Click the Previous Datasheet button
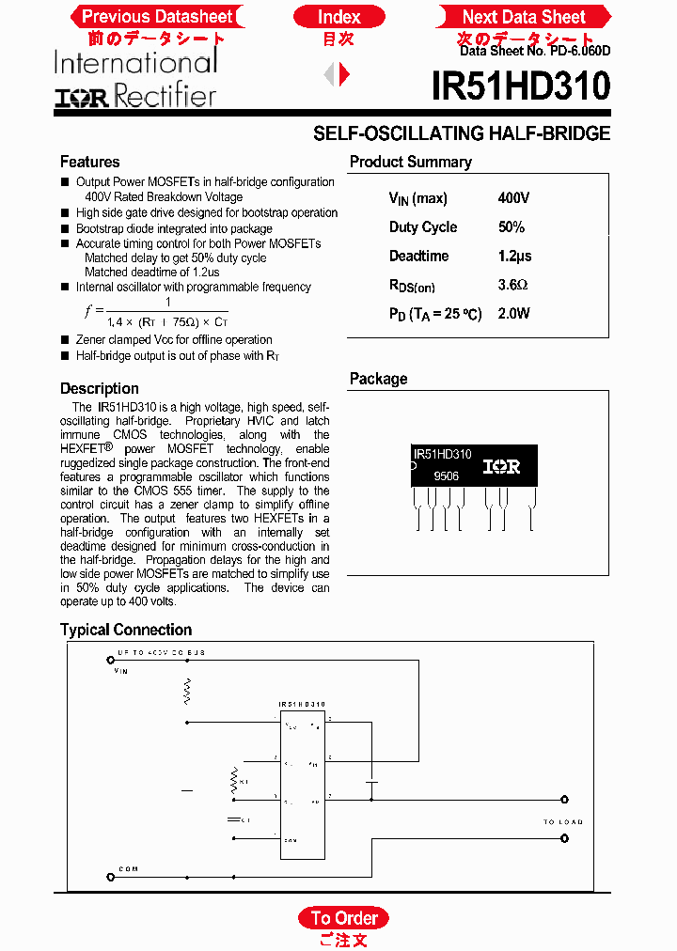(x=156, y=17)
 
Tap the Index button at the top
(x=338, y=17)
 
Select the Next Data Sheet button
(x=524, y=17)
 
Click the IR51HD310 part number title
(x=521, y=87)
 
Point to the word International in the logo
(x=135, y=63)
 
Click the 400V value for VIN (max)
(x=513, y=198)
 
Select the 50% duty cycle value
(x=512, y=227)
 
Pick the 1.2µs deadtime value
(x=514, y=257)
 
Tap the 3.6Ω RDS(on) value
(x=512, y=285)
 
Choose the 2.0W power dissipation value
(x=513, y=314)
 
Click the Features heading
(x=89, y=162)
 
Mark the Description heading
(x=99, y=388)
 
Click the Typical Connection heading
(x=125, y=630)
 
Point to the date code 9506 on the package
(x=446, y=477)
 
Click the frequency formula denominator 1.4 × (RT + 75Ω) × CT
(x=166, y=321)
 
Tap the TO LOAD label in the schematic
(x=562, y=822)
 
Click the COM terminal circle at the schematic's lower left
(x=109, y=880)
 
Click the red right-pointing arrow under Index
(x=345, y=73)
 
